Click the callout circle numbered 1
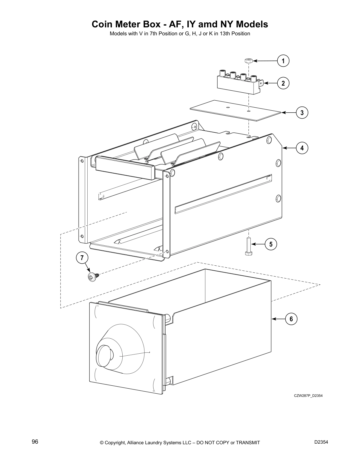coord(283,61)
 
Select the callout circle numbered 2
coord(283,83)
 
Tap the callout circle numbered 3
coord(302,113)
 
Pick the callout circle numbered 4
coord(302,148)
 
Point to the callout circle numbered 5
coord(271,244)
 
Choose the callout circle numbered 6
coord(291,319)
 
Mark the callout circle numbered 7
coord(82,258)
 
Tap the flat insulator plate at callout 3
coord(235,110)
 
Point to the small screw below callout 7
coord(92,277)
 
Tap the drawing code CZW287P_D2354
coord(308,396)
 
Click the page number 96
coord(35,442)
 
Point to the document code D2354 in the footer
coord(321,442)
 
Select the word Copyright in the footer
coord(116,442)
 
